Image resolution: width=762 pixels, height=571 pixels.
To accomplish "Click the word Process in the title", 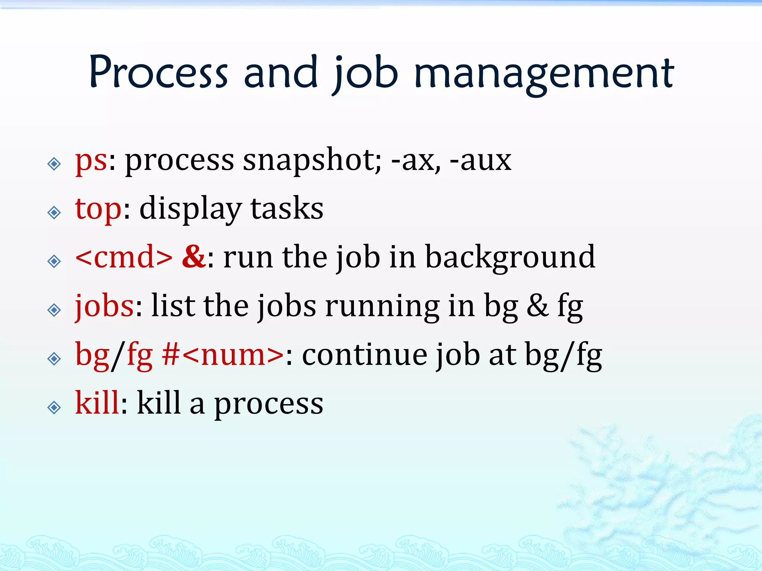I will [158, 72].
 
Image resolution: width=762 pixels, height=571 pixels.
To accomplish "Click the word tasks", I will [286, 209].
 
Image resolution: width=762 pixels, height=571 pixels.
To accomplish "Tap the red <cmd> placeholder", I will [124, 257].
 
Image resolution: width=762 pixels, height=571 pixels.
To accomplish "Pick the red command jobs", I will [104, 307].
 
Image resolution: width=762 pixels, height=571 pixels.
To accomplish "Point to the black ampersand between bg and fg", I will [537, 306].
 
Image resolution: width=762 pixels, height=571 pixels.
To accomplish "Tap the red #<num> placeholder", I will [222, 355].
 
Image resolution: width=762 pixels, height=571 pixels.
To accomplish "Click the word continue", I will [364, 355].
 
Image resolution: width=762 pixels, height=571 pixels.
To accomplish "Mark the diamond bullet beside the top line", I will [54, 213].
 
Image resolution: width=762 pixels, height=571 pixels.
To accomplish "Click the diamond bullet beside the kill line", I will [54, 408].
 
